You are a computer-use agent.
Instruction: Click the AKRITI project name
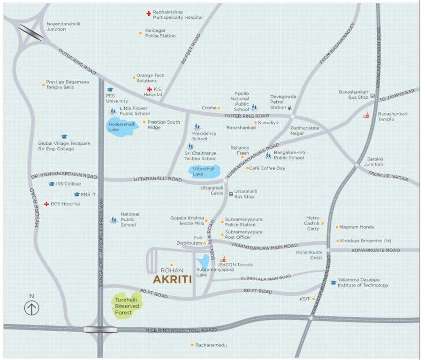click(x=172, y=279)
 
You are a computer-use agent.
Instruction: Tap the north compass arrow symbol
click(x=31, y=307)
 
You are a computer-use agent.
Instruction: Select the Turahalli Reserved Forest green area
click(x=127, y=306)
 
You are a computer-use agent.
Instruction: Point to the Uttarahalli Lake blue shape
click(x=205, y=171)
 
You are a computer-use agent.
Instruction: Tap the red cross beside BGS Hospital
click(x=46, y=204)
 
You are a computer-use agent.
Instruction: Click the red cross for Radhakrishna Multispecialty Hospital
click(x=148, y=14)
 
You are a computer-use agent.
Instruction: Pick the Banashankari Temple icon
click(x=366, y=114)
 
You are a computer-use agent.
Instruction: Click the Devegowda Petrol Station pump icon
click(x=289, y=107)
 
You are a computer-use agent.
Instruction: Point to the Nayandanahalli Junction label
click(x=56, y=26)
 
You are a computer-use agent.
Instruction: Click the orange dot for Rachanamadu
click(x=192, y=345)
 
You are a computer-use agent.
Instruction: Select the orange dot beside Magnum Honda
click(x=337, y=227)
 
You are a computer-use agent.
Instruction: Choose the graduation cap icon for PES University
click(x=110, y=89)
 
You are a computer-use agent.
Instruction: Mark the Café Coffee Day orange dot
click(x=247, y=168)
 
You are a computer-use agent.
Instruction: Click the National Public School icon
click(x=114, y=219)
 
